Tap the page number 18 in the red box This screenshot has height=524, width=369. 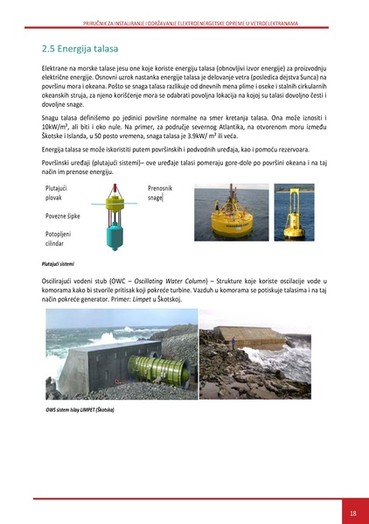(x=352, y=513)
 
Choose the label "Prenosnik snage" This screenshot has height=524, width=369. (x=160, y=193)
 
